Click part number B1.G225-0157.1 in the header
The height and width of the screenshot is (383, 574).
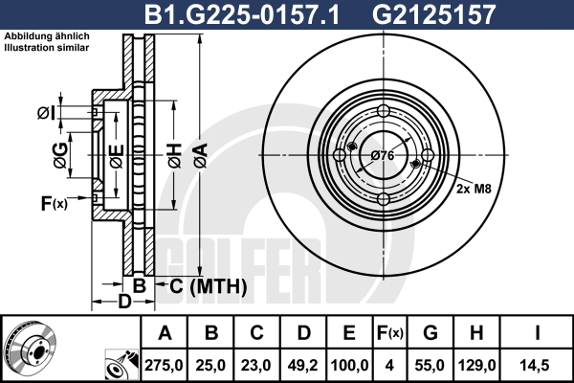coord(242,14)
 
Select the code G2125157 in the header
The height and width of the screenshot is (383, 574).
coord(433,14)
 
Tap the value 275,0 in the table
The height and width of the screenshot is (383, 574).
coord(164,366)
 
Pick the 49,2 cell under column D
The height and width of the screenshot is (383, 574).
coord(302,366)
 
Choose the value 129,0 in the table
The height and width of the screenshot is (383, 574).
coord(476,366)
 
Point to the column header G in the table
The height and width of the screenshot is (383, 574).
coord(430,333)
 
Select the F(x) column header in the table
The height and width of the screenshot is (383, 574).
coord(390,333)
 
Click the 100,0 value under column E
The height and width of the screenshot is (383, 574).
coord(349,366)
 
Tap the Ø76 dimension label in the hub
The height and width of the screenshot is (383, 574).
coord(383,156)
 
